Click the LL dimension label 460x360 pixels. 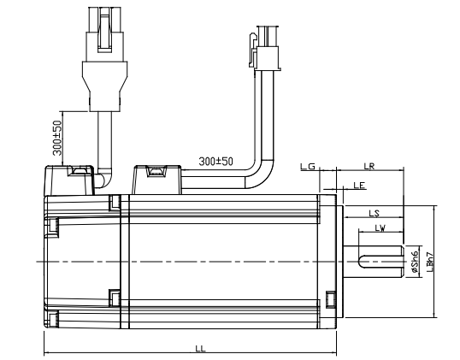(x=200, y=349)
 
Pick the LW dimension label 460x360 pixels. (x=379, y=228)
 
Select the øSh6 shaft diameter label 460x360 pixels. (x=415, y=262)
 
